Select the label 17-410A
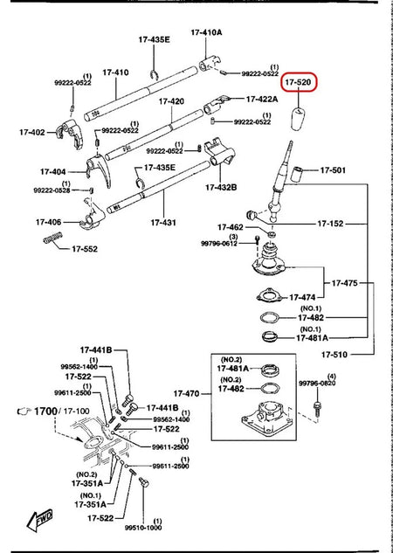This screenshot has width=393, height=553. pos(206,32)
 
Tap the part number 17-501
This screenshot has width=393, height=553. pos(334,170)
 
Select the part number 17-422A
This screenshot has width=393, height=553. pos(262,100)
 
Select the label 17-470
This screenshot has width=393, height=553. pos(187,394)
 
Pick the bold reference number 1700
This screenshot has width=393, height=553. pos(44,410)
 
